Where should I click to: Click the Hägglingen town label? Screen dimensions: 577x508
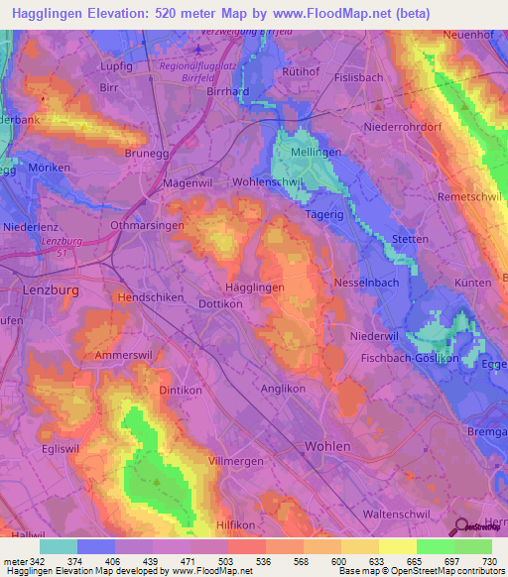256,286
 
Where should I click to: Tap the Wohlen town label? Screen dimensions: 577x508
327,446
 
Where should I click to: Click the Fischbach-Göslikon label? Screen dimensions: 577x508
410,358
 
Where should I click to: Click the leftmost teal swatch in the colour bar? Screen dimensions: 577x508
59,546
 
